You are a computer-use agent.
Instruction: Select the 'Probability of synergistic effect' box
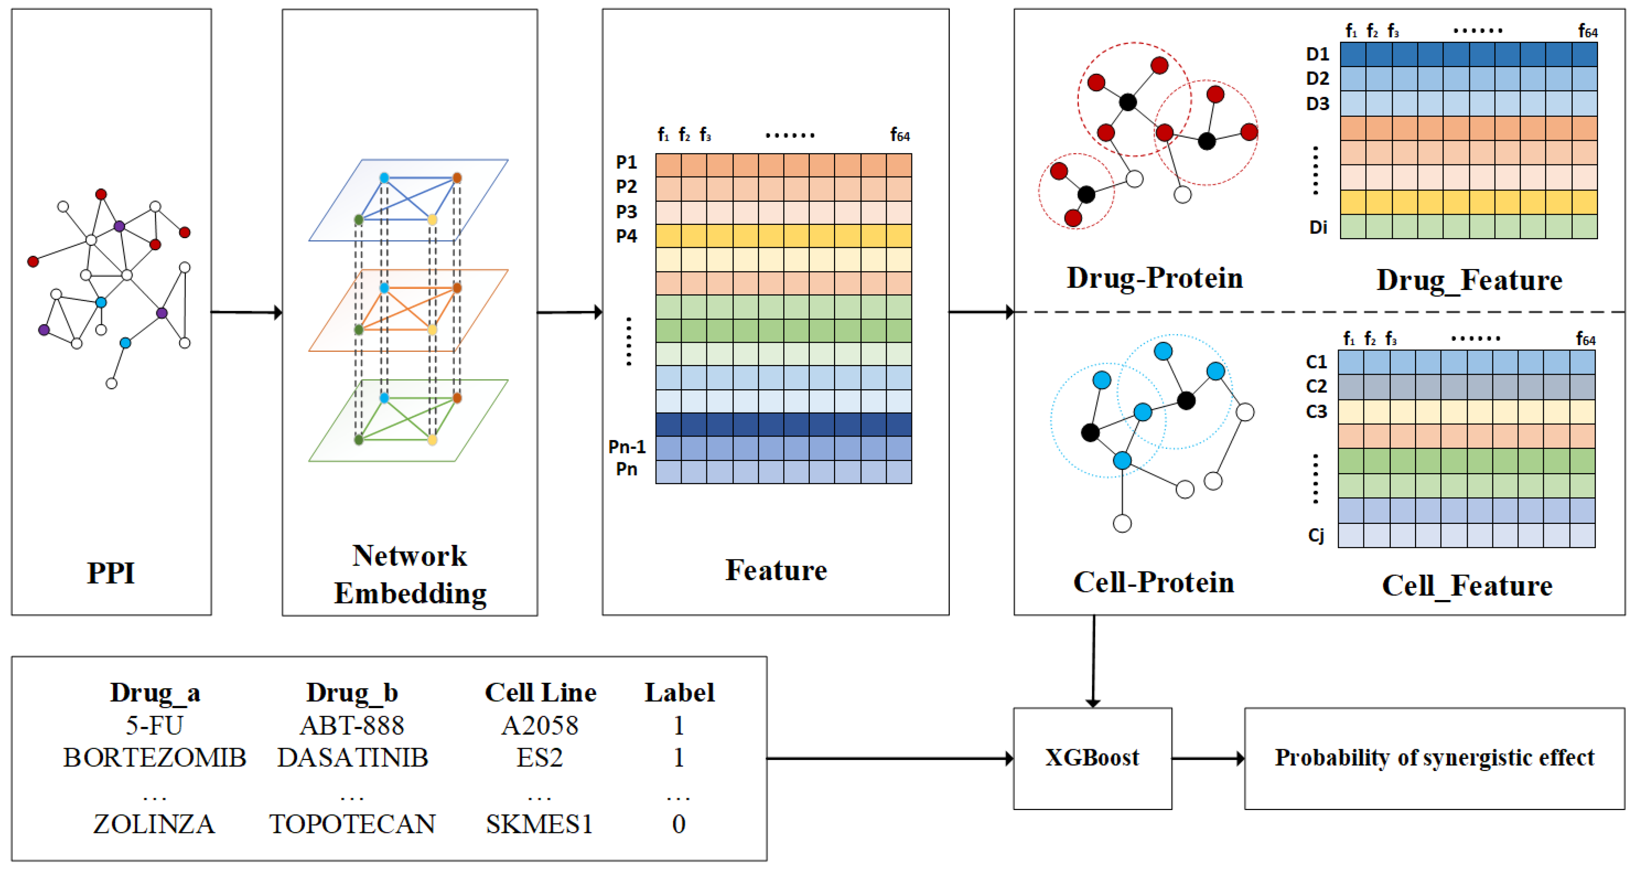[x=1434, y=758]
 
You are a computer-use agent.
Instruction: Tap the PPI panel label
[x=111, y=573]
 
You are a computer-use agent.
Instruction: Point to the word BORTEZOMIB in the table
[x=154, y=757]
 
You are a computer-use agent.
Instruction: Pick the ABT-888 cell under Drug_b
[x=352, y=725]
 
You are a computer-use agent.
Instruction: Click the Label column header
[x=679, y=692]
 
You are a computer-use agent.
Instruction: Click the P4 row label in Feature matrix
[x=626, y=236]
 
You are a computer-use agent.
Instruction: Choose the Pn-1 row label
[x=627, y=447]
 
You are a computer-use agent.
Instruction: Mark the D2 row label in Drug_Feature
[x=1317, y=78]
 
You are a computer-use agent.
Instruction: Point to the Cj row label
[x=1316, y=535]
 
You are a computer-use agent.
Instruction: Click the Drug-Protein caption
[x=1155, y=278]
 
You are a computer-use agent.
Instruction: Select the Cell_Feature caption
[x=1467, y=586]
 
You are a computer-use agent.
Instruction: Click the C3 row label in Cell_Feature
[x=1316, y=412]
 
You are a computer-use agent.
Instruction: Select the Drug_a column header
[x=155, y=692]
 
